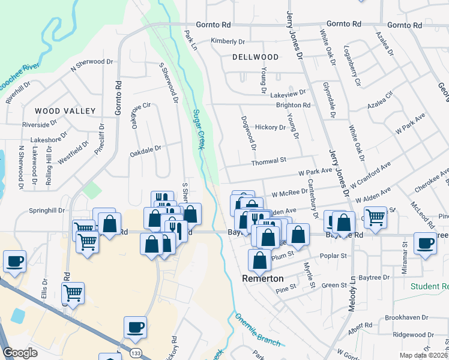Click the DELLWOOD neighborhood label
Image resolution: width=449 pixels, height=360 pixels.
256,57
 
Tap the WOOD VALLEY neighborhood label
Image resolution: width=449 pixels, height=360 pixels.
65,111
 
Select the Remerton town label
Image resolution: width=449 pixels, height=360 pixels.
262,279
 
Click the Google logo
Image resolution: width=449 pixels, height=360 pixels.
20,353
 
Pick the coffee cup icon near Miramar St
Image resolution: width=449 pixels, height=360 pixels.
425,244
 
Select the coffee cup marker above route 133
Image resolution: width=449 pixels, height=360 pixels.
135,328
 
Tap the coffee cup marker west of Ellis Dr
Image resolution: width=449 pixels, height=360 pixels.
14,262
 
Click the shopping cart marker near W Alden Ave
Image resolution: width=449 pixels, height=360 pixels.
375,218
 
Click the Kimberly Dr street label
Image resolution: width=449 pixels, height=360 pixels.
228,41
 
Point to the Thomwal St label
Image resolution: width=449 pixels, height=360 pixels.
268,160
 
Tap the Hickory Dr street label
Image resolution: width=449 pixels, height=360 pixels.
270,127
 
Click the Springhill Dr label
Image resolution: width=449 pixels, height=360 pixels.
47,211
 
